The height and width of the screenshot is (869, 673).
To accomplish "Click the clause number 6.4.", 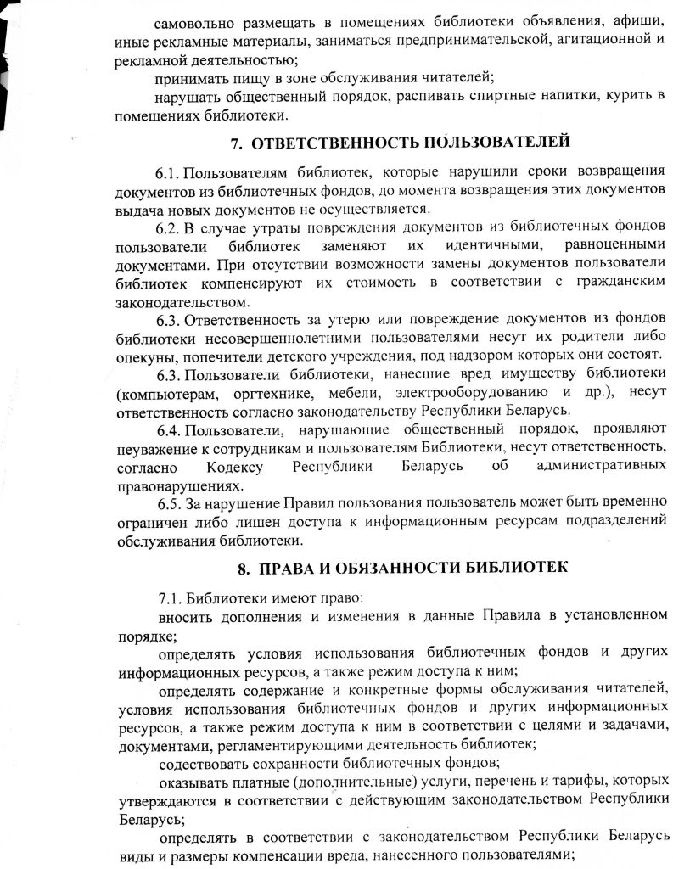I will point(170,432).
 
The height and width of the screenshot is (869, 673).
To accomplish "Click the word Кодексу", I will point(233,468).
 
